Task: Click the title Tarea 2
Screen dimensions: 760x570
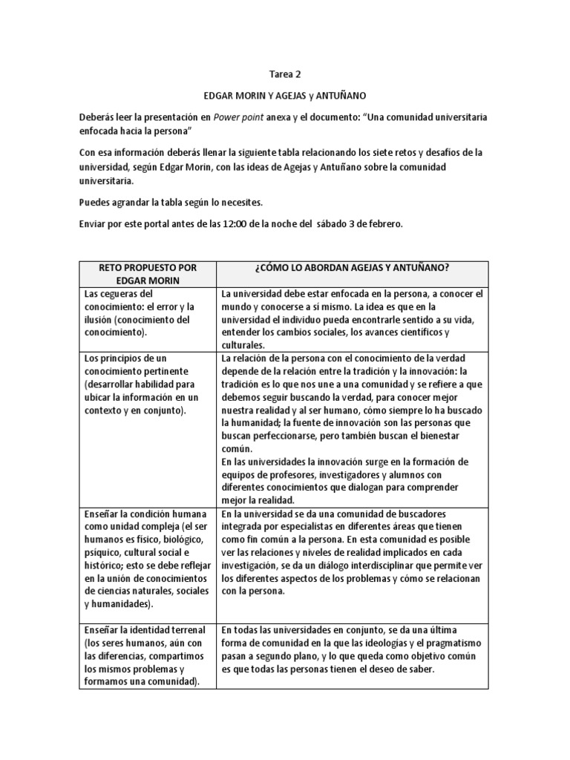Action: pos(285,75)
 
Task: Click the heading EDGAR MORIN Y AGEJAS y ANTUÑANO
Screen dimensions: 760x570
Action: pos(284,96)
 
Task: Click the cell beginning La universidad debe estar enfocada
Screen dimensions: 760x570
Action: pos(352,318)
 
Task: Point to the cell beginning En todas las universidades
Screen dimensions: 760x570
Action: pos(352,647)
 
